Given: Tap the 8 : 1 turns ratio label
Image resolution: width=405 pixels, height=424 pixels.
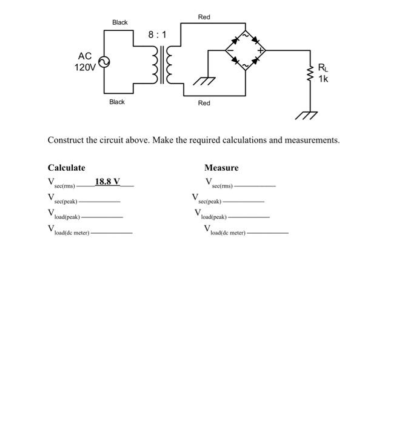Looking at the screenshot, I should pos(156,35).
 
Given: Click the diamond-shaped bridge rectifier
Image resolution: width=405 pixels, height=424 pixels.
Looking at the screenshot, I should pos(246,50).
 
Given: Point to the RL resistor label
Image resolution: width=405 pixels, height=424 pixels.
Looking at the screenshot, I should pos(323,68).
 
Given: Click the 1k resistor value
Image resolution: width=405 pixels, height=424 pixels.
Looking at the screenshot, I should pos(323,78).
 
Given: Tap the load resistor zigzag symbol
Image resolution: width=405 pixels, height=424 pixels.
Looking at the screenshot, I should pos(311,75).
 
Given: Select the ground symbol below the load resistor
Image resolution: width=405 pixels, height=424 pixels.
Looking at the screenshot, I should pos(310,115).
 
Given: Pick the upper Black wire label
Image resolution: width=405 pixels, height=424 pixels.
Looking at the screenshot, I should pos(120,22).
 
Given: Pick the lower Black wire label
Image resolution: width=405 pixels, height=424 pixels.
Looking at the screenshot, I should pos(117,102).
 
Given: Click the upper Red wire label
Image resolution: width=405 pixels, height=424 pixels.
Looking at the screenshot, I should pos(204,18).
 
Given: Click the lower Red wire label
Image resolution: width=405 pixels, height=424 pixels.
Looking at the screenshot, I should pos(204,103).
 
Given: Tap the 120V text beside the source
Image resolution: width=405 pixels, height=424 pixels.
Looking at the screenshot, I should pos(85,67).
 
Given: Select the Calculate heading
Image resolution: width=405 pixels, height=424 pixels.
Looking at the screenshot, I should pos(67,168).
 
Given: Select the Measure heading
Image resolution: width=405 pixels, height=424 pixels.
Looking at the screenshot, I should pos(221,168).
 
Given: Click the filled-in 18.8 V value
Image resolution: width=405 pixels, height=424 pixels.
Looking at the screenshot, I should pos(107,181).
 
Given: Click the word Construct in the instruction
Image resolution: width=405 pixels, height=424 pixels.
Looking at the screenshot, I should pos(65,140).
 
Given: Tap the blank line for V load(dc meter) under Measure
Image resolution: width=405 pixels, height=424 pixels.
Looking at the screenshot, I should pos(268,233).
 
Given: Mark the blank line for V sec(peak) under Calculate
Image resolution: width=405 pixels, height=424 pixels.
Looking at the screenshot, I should pos(99,201).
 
